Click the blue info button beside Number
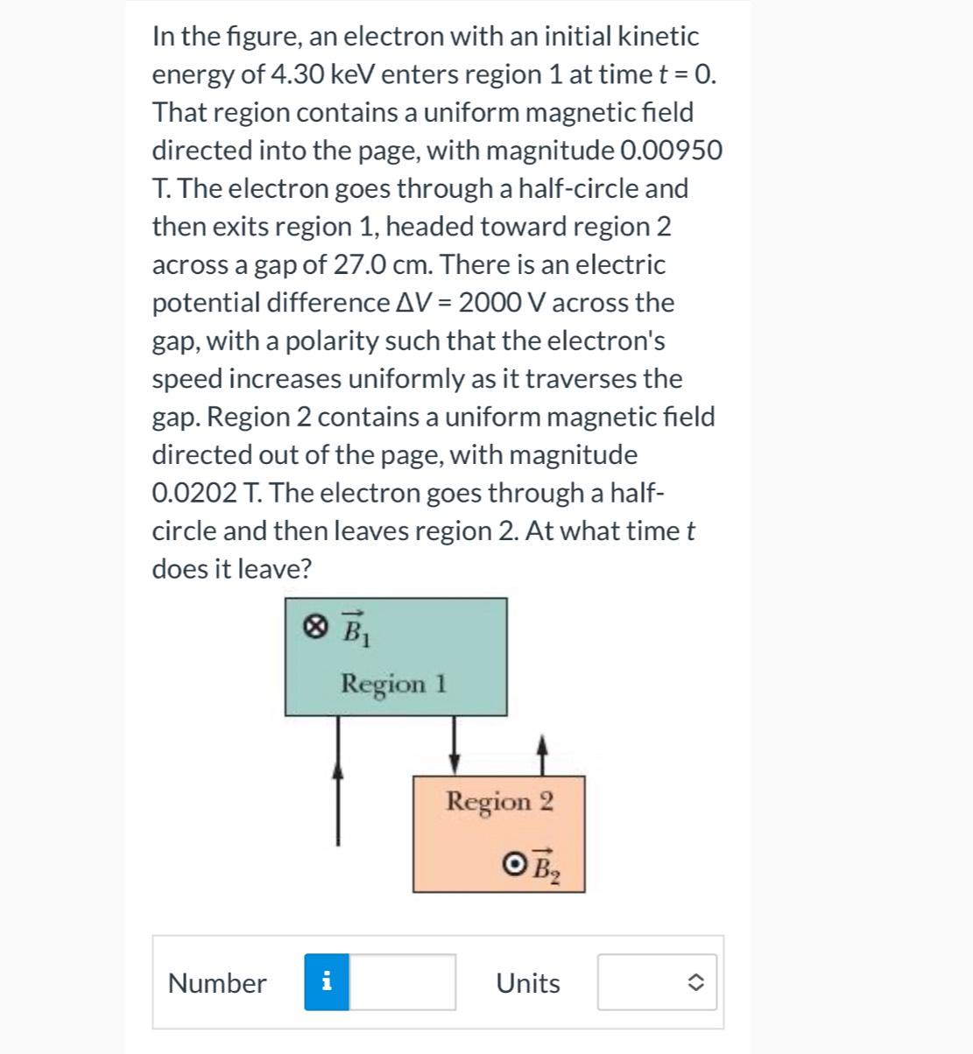327,982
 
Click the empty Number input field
402,982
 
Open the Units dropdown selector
657,982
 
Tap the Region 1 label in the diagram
394,683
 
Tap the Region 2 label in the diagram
499,801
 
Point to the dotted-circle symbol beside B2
515,864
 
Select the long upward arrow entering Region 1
338,797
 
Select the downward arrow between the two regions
455,743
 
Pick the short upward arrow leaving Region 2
542,756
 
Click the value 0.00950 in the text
671,151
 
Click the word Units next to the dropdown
528,983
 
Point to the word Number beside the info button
217,983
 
